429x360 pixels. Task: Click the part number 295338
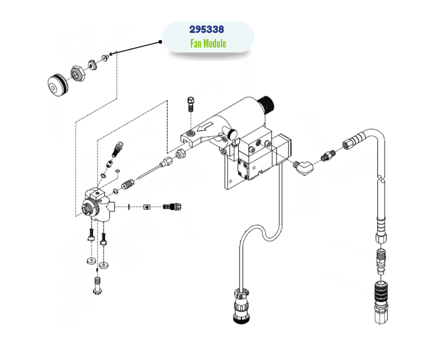(207, 30)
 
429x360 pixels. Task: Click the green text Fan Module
(208, 43)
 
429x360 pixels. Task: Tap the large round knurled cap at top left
(55, 84)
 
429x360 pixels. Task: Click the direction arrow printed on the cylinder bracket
(205, 128)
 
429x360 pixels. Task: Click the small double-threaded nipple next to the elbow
(326, 157)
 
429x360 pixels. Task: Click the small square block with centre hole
(146, 205)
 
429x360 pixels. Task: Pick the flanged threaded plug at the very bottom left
(97, 285)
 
